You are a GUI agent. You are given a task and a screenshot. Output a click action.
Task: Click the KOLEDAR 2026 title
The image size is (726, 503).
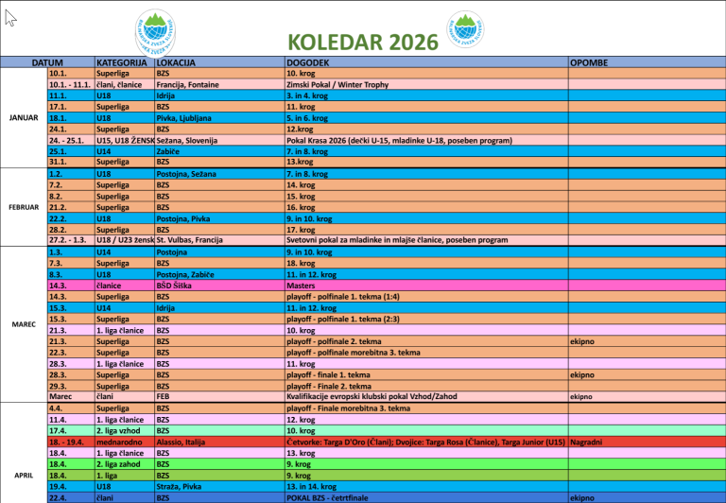click(363, 42)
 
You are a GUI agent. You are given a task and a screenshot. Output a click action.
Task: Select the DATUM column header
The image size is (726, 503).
click(47, 62)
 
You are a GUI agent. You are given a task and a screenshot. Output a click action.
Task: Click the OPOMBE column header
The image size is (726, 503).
click(589, 62)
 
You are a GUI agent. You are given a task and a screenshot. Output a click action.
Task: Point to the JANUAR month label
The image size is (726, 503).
click(24, 117)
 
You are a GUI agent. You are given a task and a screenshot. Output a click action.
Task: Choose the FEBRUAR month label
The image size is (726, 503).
click(24, 207)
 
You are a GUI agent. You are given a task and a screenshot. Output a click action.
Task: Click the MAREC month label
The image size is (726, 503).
click(24, 324)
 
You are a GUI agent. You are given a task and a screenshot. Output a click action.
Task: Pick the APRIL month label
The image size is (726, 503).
click(24, 475)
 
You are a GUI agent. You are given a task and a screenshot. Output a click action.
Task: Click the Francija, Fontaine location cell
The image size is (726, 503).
click(188, 84)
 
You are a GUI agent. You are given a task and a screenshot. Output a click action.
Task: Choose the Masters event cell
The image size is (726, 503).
click(301, 285)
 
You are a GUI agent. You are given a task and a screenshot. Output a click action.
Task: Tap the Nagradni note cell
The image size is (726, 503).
click(586, 442)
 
